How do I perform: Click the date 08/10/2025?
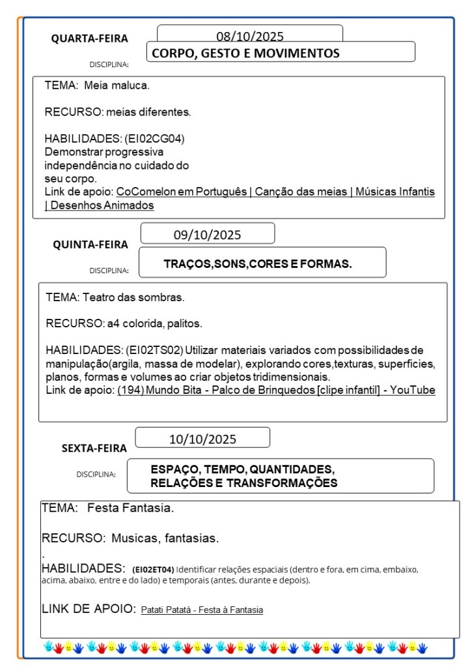coord(250,37)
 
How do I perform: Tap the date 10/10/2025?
coord(202,439)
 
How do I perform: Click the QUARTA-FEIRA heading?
coord(90,38)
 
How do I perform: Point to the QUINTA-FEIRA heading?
coord(90,245)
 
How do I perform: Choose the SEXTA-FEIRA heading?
coord(94,448)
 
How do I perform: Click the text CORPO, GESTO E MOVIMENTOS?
coord(245,53)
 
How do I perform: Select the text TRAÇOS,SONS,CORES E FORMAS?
coord(258,264)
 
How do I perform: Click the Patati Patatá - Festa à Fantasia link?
coord(202,610)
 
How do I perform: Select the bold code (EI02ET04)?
coord(153,569)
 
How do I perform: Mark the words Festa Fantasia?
coord(130,507)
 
